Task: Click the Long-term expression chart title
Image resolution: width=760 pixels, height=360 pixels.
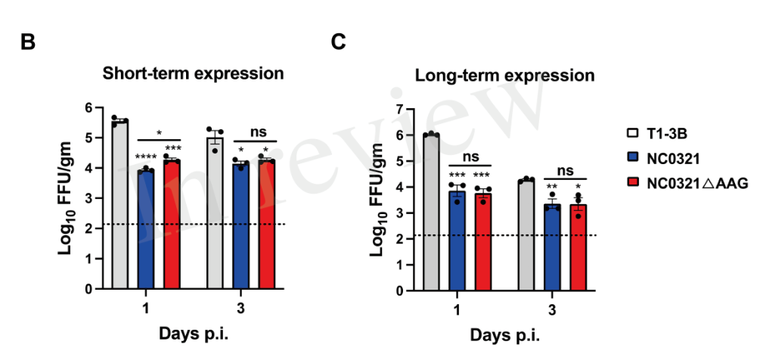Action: click(x=504, y=76)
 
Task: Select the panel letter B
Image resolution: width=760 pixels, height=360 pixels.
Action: click(x=27, y=42)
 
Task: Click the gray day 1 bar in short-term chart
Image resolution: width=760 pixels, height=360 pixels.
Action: click(x=119, y=204)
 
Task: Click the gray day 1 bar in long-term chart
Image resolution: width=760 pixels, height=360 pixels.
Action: click(x=431, y=212)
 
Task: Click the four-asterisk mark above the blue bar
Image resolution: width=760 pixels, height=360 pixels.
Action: click(x=146, y=157)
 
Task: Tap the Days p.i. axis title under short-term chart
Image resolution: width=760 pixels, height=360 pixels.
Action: click(x=192, y=334)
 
